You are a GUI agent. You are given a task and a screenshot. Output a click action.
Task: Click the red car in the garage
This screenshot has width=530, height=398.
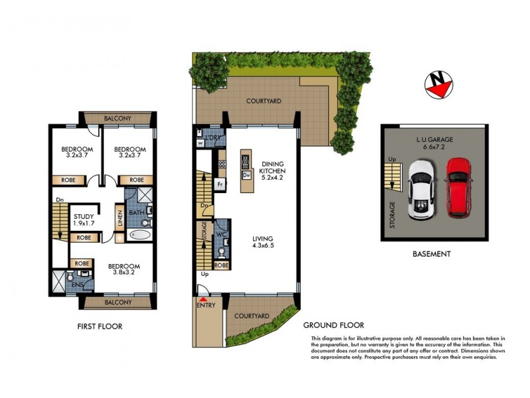pyautogui.click(x=458, y=187)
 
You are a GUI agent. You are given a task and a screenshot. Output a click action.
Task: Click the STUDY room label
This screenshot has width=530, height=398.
pyautogui.click(x=83, y=216)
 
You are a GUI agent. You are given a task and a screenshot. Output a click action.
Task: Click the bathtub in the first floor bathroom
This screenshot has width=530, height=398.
pyautogui.click(x=140, y=234)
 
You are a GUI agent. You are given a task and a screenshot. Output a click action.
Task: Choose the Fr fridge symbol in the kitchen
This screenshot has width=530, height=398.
pyautogui.click(x=219, y=184)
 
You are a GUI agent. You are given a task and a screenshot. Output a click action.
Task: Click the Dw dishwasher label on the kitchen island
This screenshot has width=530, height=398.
pyautogui.click(x=245, y=175)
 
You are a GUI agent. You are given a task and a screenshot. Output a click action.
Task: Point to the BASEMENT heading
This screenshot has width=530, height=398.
pyautogui.click(x=432, y=253)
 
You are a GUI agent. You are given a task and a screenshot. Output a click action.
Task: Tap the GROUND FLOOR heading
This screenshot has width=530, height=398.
pyautogui.click(x=333, y=325)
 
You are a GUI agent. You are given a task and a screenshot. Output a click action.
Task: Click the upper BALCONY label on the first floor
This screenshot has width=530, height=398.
pyautogui.click(x=117, y=119)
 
